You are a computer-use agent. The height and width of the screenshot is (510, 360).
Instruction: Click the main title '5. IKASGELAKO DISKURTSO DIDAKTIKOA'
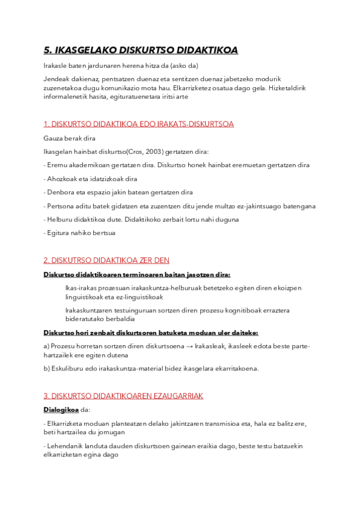[141, 51]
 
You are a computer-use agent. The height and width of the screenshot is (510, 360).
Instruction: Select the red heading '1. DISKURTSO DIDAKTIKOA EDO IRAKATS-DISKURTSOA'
[138, 124]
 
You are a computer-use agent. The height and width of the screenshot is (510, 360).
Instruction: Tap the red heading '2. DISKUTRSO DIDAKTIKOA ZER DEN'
[106, 260]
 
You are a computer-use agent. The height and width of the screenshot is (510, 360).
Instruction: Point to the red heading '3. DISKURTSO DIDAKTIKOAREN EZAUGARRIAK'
[123, 396]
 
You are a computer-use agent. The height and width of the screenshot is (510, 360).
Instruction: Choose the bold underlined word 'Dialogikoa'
[61, 410]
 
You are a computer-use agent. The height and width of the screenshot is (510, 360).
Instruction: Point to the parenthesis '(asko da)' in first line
[184, 66]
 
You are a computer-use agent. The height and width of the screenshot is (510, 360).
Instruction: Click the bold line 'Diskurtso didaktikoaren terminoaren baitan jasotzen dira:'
[136, 275]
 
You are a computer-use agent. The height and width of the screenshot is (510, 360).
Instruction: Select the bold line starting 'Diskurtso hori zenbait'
[151, 332]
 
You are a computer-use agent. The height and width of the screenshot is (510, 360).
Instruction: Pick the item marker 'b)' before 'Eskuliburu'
[47, 369]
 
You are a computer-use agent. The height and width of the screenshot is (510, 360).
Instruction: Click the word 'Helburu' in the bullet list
[61, 220]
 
